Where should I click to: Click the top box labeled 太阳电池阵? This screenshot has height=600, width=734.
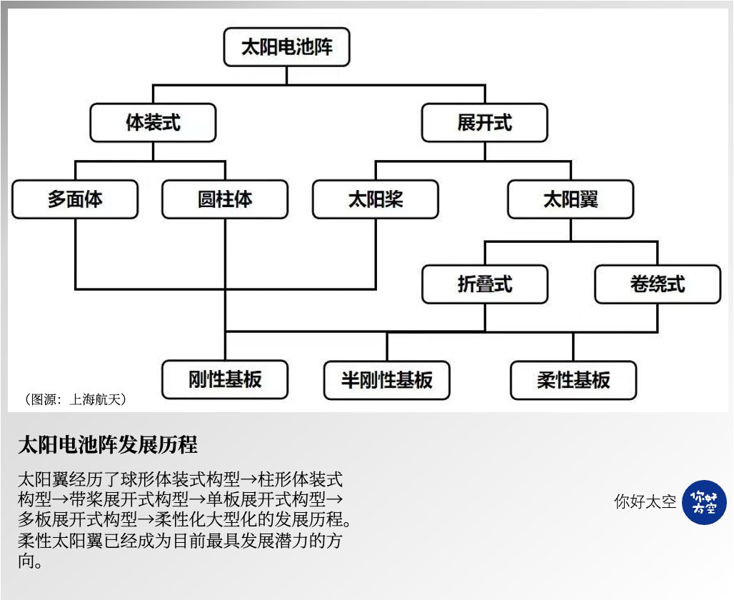(286, 47)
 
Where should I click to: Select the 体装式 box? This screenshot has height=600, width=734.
(153, 123)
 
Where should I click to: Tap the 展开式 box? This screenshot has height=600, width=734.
(484, 123)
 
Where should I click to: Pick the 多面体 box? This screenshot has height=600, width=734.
(75, 199)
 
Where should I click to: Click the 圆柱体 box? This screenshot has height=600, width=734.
(225, 199)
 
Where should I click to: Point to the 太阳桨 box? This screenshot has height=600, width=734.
(376, 199)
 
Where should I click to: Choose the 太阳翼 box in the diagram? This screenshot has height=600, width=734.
(570, 199)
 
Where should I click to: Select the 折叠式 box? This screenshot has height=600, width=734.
(485, 284)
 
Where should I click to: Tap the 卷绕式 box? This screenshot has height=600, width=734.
(658, 284)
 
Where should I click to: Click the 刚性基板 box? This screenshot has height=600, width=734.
(225, 379)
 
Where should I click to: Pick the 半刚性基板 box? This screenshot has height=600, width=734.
(387, 379)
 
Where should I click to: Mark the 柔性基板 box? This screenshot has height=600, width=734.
(573, 379)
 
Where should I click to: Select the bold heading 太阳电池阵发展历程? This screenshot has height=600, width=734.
(108, 445)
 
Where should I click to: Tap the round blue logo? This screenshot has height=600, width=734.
(704, 502)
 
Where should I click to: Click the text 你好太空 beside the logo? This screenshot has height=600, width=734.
(645, 502)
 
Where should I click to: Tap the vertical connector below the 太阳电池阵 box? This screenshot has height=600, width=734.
(286, 75)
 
